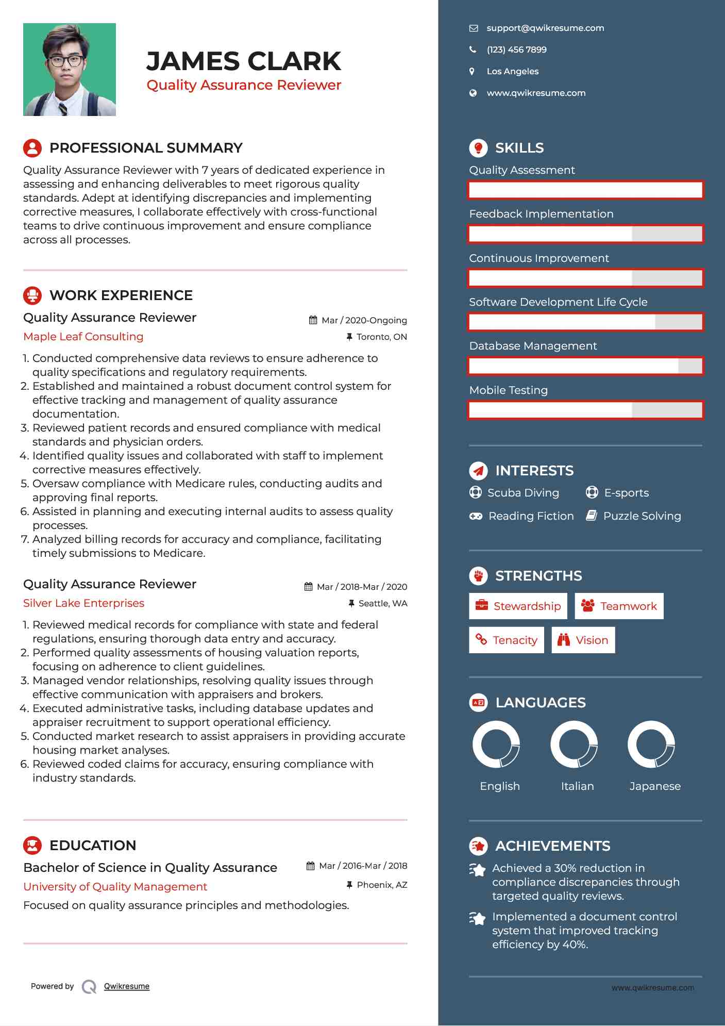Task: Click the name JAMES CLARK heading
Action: click(243, 61)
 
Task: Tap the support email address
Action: click(545, 28)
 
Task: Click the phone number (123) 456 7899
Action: click(516, 50)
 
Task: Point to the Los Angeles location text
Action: click(512, 72)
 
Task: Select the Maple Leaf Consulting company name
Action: click(83, 337)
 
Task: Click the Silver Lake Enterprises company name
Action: click(83, 603)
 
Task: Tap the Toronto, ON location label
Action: click(381, 337)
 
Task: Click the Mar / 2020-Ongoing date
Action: click(364, 321)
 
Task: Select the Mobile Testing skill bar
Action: click(585, 410)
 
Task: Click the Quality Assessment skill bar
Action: click(585, 190)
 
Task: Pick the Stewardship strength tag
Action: click(518, 606)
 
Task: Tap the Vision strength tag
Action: click(583, 640)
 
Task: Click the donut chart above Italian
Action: click(574, 744)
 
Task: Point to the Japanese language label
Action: click(655, 786)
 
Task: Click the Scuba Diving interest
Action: click(522, 493)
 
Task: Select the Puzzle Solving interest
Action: click(642, 516)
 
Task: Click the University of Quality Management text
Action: click(115, 887)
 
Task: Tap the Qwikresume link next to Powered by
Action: click(126, 986)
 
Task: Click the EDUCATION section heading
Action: click(93, 846)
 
